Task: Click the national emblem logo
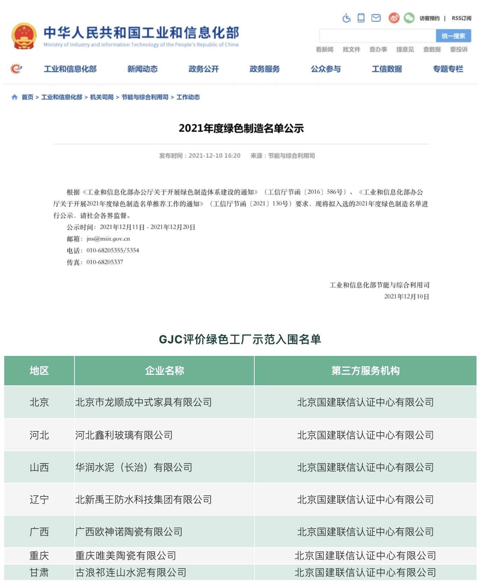24,36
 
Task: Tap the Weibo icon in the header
394,18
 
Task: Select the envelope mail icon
376,18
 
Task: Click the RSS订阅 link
461,18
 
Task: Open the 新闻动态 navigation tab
142,69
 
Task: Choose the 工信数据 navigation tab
387,69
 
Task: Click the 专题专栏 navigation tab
448,69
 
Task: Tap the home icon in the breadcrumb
14,97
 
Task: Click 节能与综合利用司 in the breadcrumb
145,97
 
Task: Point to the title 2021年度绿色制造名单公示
241,128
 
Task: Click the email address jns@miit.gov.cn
108,239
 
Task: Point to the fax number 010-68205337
105,262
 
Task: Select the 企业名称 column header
164,371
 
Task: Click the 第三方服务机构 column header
365,371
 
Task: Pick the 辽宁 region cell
39,500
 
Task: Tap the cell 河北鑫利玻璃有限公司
124,435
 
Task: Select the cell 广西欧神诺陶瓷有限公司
129,532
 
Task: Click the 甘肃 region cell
39,573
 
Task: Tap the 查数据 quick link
432,49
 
